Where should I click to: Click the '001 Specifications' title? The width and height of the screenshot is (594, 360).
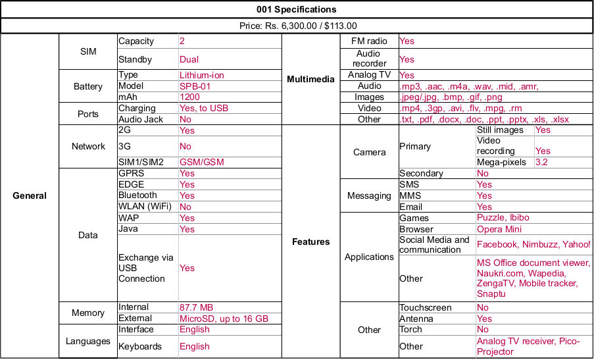tap(297, 9)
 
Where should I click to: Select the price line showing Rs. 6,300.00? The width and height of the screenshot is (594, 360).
tap(297, 26)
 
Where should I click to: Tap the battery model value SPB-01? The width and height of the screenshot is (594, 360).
tap(195, 86)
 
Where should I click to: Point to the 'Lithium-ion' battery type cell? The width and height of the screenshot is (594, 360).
tap(201, 75)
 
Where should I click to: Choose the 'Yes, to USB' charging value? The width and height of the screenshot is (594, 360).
tap(204, 108)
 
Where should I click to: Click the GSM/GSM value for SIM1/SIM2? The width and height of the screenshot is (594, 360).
tap(199, 162)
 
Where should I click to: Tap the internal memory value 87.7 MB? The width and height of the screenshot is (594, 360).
tap(196, 307)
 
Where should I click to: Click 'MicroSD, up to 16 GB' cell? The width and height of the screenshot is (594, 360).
tap(224, 319)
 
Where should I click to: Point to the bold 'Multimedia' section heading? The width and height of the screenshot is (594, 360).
tap(310, 80)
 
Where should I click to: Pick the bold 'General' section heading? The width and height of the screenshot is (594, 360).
tap(30, 195)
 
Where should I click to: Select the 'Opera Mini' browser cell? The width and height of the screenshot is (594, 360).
tap(499, 229)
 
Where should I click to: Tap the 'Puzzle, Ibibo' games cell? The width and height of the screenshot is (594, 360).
tap(503, 218)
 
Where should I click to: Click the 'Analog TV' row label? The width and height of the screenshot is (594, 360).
tap(369, 75)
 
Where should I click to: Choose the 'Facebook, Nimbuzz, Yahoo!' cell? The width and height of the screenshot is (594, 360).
tap(533, 244)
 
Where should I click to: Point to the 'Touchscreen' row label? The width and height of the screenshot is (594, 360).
tap(425, 307)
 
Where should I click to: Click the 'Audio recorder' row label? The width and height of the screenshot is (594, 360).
tap(369, 59)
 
